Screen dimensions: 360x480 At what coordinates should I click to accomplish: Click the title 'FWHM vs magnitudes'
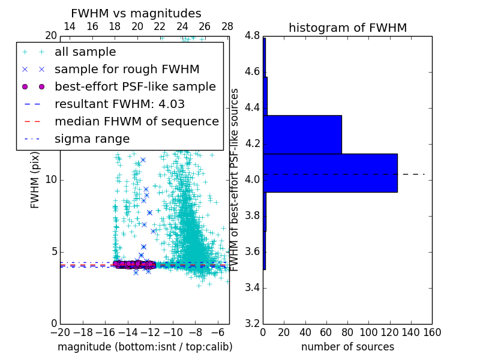click(136, 13)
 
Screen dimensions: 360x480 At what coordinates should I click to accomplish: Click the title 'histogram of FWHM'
click(347, 28)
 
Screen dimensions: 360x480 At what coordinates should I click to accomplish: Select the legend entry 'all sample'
click(85, 52)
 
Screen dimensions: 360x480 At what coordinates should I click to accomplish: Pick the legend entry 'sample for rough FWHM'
click(127, 69)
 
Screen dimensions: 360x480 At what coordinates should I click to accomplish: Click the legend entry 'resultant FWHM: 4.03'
click(119, 104)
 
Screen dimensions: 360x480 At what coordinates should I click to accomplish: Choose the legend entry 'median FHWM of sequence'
click(136, 121)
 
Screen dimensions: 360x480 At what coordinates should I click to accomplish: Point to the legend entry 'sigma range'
click(92, 139)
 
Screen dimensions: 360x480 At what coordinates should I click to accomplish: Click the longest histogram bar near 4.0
click(330, 173)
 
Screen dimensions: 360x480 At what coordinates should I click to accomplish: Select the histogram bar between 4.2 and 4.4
click(302, 134)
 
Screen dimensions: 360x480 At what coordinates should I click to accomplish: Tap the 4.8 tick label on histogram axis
click(251, 36)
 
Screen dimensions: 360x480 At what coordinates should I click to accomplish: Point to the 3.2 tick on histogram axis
click(251, 323)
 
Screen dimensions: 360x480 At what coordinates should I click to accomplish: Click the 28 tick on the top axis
click(227, 26)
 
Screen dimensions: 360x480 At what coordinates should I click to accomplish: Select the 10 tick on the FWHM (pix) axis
click(50, 180)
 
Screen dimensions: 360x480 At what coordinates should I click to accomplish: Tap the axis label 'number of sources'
click(347, 347)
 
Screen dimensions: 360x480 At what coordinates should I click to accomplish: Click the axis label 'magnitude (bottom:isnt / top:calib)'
click(145, 347)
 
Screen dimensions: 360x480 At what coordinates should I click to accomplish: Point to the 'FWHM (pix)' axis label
click(35, 180)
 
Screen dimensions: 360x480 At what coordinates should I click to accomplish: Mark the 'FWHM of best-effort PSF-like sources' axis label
click(235, 180)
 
